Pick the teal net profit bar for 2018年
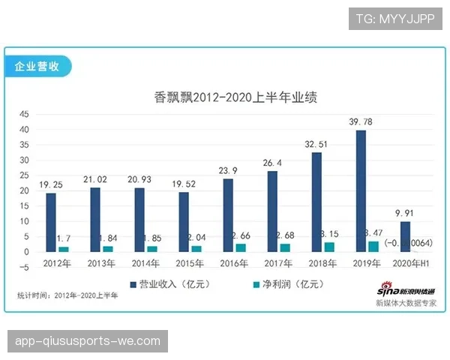click(x=329, y=247)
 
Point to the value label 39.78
click(x=361, y=122)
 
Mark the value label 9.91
click(x=404, y=214)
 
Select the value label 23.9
click(x=228, y=171)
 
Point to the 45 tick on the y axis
click(x=23, y=114)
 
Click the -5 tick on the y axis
click(x=23, y=267)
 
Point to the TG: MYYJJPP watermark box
click(x=395, y=19)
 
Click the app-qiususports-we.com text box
click(x=87, y=341)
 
